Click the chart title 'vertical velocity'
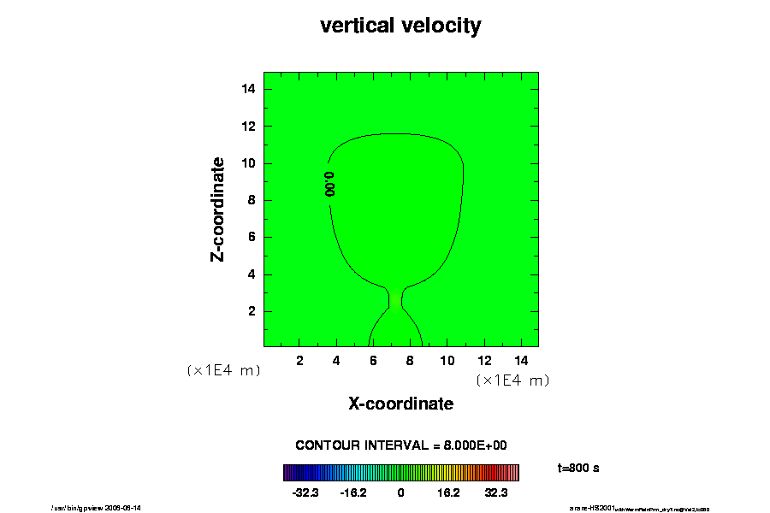pos(400,26)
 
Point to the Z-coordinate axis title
pos(218,209)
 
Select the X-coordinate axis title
pos(400,403)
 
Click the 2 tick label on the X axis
pos(299,361)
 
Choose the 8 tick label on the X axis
pos(410,361)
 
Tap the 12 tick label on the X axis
pos(483,361)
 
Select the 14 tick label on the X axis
pos(520,361)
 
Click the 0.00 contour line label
pos(329,184)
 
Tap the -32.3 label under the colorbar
pos(305,492)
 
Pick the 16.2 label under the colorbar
pos(448,492)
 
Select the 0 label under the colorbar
pos(400,492)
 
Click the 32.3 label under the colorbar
pos(497,492)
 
